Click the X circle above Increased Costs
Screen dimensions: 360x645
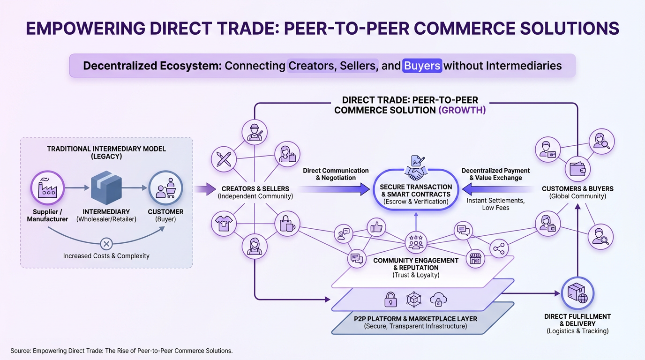click(x=106, y=243)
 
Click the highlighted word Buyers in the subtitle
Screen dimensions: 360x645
click(x=422, y=65)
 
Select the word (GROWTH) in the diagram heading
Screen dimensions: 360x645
click(x=462, y=111)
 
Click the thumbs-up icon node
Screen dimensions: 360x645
click(x=376, y=228)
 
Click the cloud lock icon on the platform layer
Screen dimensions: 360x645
click(x=438, y=299)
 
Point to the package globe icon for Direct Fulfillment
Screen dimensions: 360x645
click(x=577, y=293)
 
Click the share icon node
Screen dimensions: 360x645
click(x=499, y=248)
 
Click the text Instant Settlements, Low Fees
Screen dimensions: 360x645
click(x=495, y=204)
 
